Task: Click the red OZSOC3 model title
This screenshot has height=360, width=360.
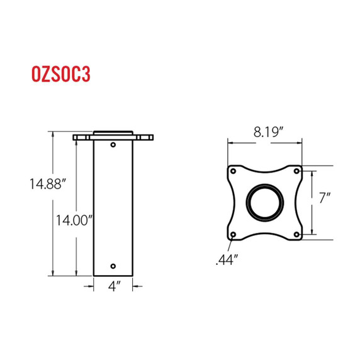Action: (61, 74)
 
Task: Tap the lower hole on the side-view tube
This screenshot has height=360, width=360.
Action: (113, 265)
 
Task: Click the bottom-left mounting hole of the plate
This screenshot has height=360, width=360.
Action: (233, 235)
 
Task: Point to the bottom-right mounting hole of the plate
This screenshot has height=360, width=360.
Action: (297, 235)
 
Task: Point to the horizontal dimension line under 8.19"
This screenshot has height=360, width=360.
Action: (264, 142)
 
